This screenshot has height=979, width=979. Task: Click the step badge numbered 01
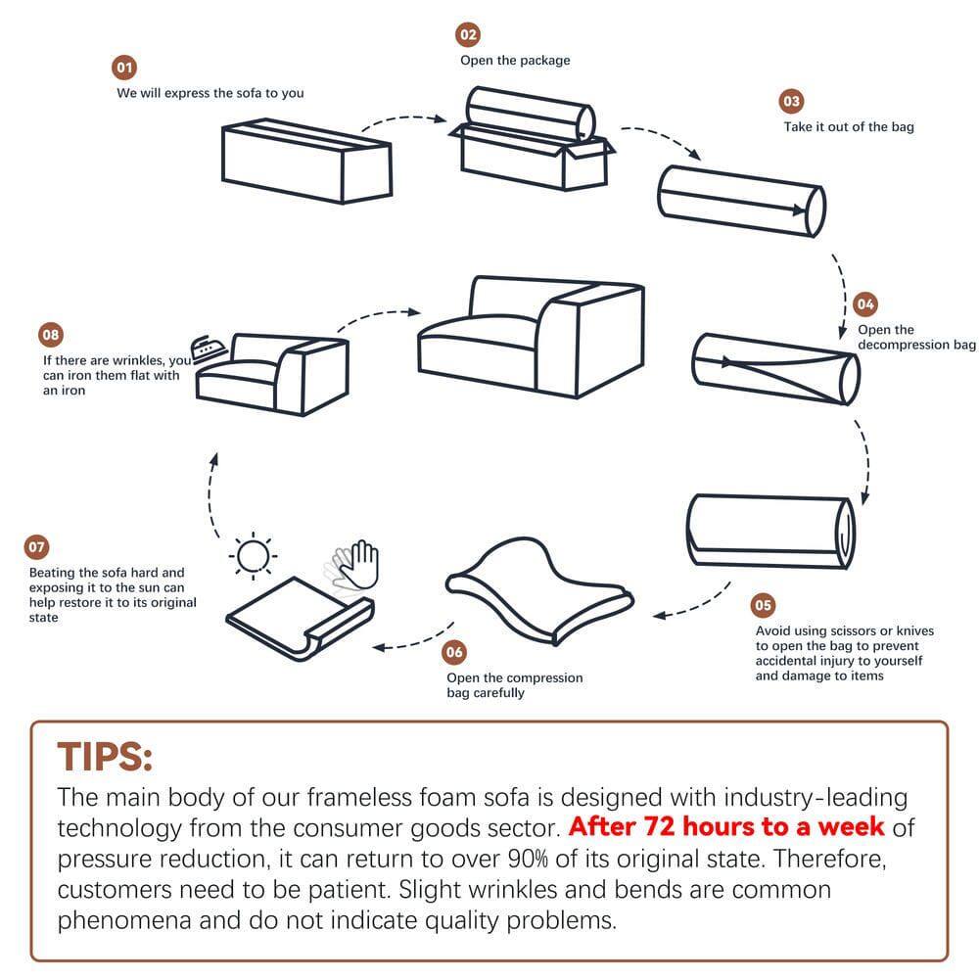(x=124, y=68)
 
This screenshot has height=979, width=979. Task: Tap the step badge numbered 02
(x=468, y=35)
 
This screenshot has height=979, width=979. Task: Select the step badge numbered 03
(x=791, y=102)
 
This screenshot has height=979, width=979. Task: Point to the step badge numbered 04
(x=865, y=303)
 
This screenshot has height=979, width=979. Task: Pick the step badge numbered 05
(x=763, y=605)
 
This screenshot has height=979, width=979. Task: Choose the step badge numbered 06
(x=454, y=652)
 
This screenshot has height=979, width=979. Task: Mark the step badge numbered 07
(x=36, y=547)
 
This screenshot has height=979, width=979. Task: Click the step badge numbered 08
(x=50, y=335)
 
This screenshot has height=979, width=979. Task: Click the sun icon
(x=254, y=557)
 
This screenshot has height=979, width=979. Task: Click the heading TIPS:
(x=105, y=757)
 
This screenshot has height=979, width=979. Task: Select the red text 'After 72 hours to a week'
(x=726, y=826)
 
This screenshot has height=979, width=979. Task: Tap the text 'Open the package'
(x=515, y=61)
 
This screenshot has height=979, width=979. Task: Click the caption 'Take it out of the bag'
(x=848, y=127)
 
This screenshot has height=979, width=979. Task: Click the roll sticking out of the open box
(x=530, y=113)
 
